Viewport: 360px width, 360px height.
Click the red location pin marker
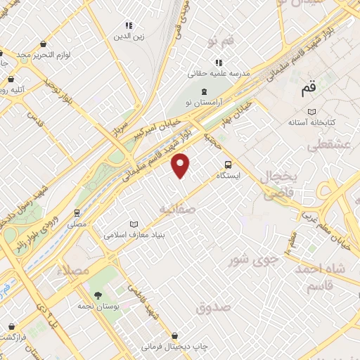click(x=181, y=165)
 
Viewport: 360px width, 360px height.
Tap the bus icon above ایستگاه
click(x=227, y=165)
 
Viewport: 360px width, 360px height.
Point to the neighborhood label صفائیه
click(x=176, y=209)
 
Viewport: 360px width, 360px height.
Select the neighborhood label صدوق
click(x=214, y=307)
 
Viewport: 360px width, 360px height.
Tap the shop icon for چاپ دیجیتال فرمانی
click(x=174, y=336)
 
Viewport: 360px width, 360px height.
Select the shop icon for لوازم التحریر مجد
click(x=44, y=44)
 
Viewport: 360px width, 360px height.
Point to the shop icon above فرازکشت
click(x=12, y=326)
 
